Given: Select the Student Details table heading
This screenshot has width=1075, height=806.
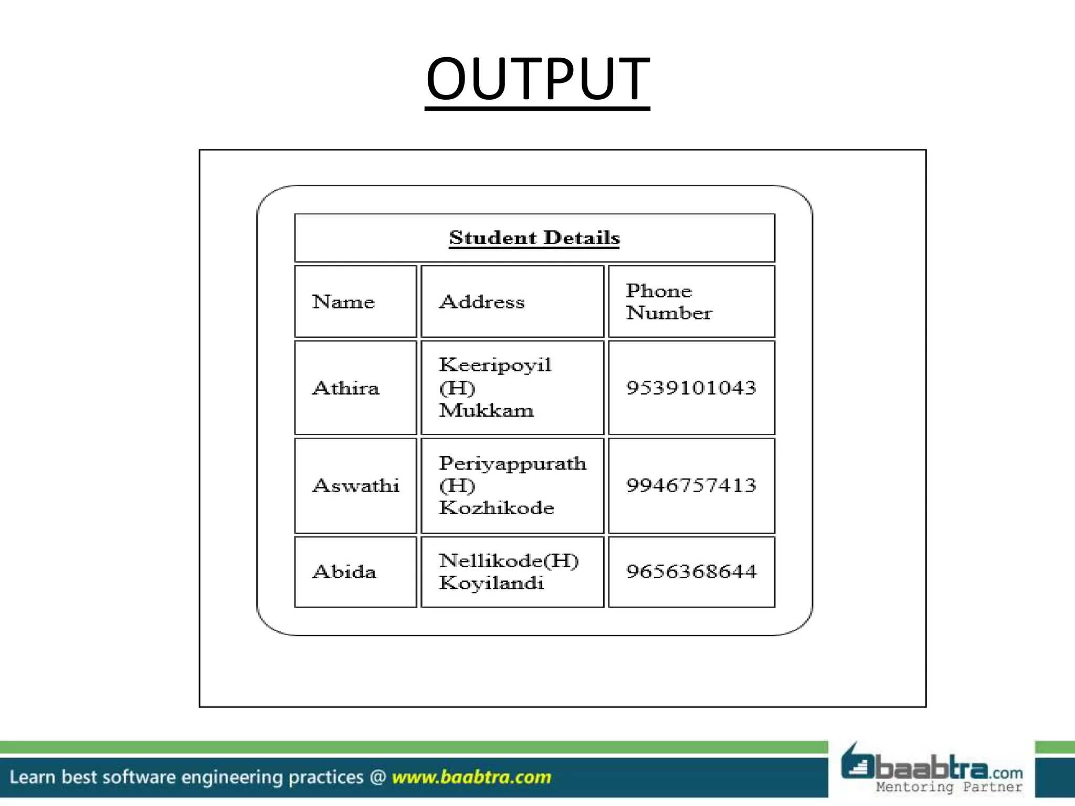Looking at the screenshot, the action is click(x=534, y=238).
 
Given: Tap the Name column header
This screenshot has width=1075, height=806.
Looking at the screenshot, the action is click(x=343, y=302).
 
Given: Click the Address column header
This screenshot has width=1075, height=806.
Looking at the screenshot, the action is click(x=482, y=302).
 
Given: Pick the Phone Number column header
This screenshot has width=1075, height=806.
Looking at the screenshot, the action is click(x=669, y=302).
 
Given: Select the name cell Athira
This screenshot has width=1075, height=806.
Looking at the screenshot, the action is click(x=346, y=388).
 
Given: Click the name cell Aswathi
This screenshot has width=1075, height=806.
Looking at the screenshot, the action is click(x=356, y=485).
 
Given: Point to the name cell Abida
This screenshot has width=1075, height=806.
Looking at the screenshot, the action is click(x=344, y=571).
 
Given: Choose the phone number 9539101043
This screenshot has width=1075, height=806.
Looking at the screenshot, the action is click(x=691, y=388).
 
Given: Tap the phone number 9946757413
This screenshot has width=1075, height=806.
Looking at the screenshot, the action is click(x=691, y=485).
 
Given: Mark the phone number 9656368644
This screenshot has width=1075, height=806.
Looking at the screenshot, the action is click(x=691, y=571).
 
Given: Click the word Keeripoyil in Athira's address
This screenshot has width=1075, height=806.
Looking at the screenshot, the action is click(x=495, y=365).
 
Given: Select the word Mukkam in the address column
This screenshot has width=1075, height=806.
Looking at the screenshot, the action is click(x=486, y=410).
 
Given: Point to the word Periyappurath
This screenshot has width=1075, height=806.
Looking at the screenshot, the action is click(x=512, y=463).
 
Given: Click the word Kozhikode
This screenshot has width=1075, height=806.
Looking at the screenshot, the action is click(x=496, y=507).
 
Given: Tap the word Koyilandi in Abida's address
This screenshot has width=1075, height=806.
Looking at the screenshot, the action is click(x=491, y=583).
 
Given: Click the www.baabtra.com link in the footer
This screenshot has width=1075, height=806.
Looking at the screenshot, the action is click(x=471, y=777).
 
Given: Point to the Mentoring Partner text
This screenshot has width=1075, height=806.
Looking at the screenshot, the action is click(x=949, y=787).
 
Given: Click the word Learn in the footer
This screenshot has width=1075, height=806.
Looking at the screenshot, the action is click(x=32, y=777).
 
